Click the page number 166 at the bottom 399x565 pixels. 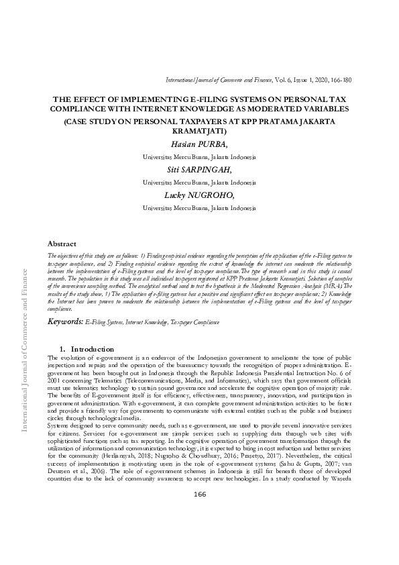(200, 533)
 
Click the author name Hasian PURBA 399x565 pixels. (199, 144)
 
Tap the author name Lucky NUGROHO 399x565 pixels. (199, 195)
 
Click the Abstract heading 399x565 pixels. (62, 243)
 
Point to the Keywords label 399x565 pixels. (64, 322)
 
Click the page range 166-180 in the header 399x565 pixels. (341, 80)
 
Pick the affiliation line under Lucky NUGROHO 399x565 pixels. (199, 208)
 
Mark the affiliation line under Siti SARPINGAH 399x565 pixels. (199, 182)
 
